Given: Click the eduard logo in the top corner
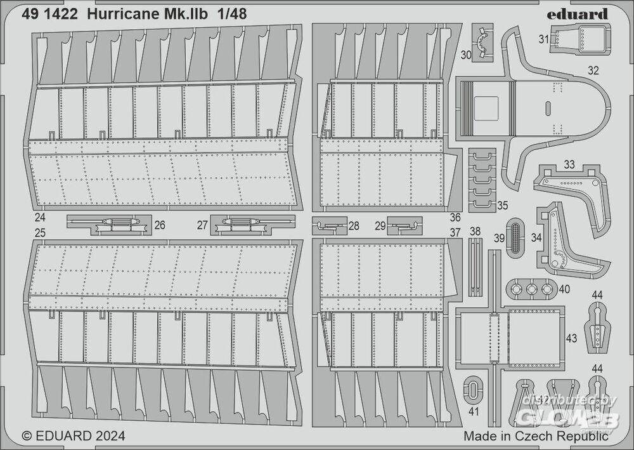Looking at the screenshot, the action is pos(578,14).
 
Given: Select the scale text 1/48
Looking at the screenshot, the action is pos(231,15).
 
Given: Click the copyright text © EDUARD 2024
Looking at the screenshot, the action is pos(73,436).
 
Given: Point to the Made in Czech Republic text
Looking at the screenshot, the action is pos(536,436).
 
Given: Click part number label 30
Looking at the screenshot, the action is pos(466,55).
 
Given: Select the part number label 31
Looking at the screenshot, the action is pos(544,39).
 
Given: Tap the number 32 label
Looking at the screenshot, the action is pos(593,70).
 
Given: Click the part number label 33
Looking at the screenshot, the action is pos(569,164).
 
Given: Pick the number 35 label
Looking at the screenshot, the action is pos(502,205).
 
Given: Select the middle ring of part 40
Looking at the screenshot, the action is pos(531,289).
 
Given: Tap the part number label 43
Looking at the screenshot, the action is pos(571,338).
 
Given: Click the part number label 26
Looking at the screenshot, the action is pos(160,225).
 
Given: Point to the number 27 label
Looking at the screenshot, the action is pos(203,225).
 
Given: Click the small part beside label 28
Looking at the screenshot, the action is pos(329,226).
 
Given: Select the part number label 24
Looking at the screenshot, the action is pos(39,217).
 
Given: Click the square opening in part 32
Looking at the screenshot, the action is pos(486,107).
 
